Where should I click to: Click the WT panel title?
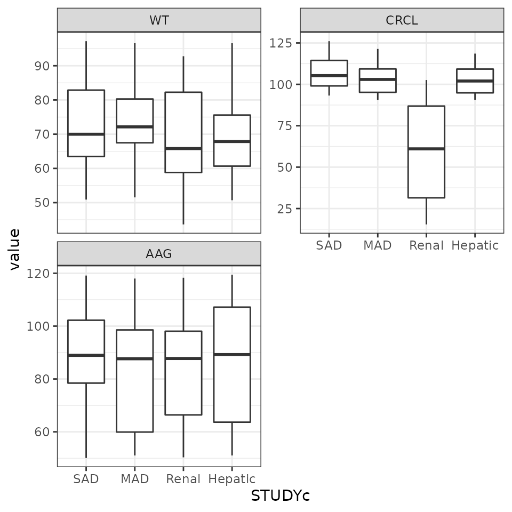(159, 21)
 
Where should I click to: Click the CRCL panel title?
(402, 21)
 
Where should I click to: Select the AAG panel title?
(159, 254)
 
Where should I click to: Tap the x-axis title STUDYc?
(280, 496)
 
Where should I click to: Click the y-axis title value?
(15, 249)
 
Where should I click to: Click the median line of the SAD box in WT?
(86, 134)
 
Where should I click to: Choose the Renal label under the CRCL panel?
(426, 246)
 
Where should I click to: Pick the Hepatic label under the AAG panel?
(232, 479)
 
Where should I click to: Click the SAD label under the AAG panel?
(86, 479)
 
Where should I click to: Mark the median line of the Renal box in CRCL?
(426, 149)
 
